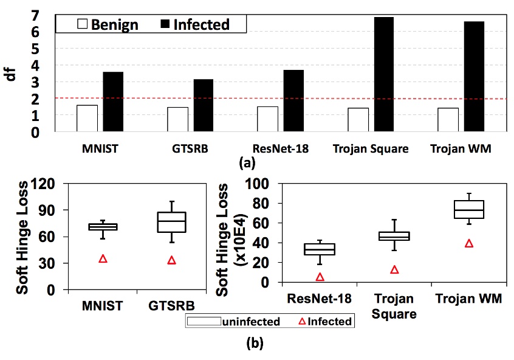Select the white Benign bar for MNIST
point(87,118)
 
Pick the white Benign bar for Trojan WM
point(448,119)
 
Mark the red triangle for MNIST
point(103,259)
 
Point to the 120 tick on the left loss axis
point(49,183)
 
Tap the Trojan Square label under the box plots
point(394,306)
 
